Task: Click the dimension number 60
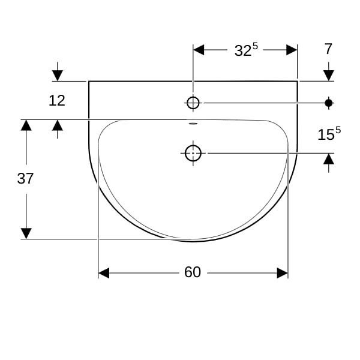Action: (x=193, y=272)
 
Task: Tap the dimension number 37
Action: (x=25, y=178)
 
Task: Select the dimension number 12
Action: (x=57, y=101)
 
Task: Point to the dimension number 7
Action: (x=329, y=49)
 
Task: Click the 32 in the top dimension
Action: (x=243, y=51)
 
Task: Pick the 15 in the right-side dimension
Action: (x=326, y=134)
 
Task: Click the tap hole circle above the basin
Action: (x=193, y=103)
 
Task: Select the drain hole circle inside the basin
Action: (x=193, y=153)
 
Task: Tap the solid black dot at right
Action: (x=329, y=103)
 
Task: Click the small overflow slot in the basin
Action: (x=193, y=124)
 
